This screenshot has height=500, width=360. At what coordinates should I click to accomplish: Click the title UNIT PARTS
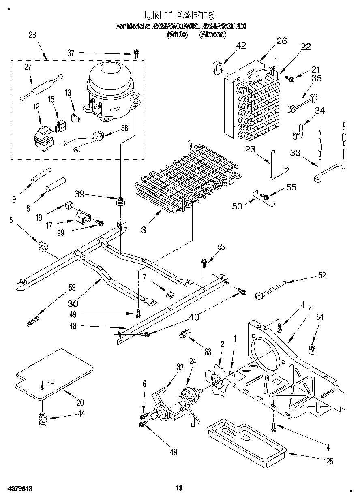pos(180,15)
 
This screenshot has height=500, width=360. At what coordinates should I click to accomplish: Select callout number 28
pos(32,35)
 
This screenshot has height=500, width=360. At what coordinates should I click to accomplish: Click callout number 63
pos(208,353)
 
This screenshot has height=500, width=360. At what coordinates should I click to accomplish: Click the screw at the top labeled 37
pos(137,53)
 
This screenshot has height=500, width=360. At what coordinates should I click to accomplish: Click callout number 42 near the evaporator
pos(241,45)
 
